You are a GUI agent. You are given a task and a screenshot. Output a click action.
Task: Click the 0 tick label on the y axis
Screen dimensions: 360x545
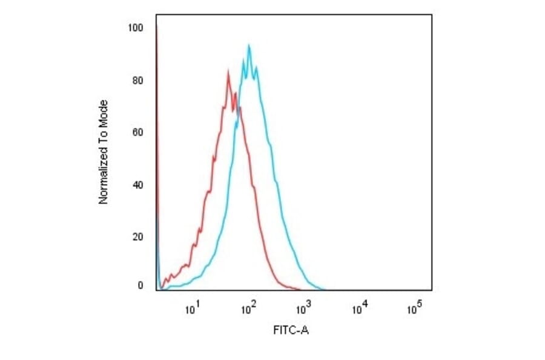click(x=140, y=285)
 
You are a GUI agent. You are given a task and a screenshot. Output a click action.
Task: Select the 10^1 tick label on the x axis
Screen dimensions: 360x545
click(x=191, y=310)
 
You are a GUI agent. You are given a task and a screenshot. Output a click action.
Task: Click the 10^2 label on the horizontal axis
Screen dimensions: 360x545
click(x=248, y=310)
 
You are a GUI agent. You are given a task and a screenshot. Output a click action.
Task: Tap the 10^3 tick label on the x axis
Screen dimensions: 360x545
click(x=304, y=310)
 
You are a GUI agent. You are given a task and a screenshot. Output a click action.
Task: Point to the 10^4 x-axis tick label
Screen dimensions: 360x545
click(x=360, y=310)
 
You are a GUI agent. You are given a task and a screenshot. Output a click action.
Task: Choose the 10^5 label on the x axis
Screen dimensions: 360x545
click(x=415, y=310)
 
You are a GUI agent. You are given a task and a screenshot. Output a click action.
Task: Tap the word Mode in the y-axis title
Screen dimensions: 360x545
click(x=104, y=111)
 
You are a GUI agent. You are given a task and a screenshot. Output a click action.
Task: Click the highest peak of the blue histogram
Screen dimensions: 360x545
click(x=249, y=45)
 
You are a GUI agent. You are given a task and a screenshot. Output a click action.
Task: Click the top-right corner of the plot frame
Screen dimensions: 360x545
click(x=432, y=14)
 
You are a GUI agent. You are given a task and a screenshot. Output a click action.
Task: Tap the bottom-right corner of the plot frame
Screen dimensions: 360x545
click(x=432, y=290)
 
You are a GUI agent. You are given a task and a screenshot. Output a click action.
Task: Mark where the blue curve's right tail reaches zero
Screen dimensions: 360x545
click(x=325, y=289)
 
